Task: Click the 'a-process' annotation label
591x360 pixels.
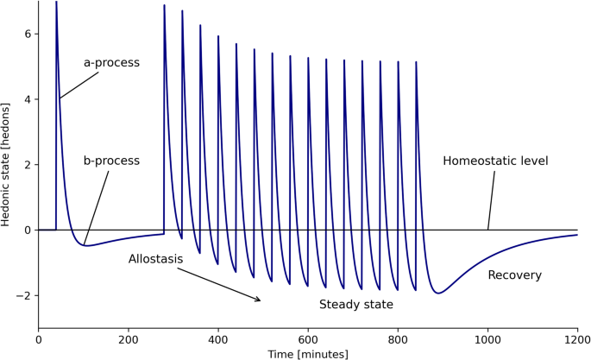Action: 111,63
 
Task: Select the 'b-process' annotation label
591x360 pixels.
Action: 111,161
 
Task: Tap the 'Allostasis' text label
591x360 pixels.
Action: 155,259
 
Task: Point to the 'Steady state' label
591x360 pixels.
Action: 356,305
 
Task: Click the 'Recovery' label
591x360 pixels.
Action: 514,275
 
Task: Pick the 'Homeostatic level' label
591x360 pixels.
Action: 495,161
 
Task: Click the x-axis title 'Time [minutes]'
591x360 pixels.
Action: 308,354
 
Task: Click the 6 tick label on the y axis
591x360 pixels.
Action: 28,34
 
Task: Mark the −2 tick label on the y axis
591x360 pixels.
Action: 25,296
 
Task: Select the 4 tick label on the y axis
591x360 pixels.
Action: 28,99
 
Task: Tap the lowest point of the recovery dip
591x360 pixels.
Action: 438,294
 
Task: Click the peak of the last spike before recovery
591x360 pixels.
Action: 416,62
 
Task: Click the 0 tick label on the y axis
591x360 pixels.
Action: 28,231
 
